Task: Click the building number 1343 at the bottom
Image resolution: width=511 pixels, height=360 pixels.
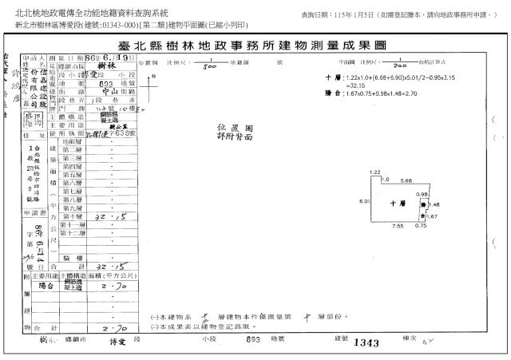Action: (365, 342)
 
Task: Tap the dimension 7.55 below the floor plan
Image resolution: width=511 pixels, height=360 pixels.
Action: (397, 226)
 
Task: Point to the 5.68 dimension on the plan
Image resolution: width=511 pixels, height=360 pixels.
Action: (406, 180)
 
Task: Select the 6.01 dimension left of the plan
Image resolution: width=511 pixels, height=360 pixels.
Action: (364, 201)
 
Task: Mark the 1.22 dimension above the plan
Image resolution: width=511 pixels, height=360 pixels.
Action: (374, 172)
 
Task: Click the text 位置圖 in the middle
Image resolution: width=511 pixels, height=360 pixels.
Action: (231, 127)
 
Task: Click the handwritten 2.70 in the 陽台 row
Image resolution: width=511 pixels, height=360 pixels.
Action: (117, 284)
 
